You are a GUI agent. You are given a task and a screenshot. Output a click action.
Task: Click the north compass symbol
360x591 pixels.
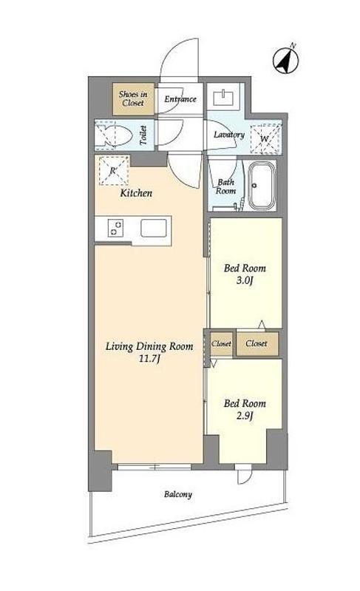point(286,60)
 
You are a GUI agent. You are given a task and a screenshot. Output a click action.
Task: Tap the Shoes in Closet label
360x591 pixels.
point(133,98)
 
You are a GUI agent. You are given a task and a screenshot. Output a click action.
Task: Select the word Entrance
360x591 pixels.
point(180,99)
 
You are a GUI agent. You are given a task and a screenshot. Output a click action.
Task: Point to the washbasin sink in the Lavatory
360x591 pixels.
point(224,98)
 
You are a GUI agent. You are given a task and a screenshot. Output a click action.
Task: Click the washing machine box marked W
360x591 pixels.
point(266,139)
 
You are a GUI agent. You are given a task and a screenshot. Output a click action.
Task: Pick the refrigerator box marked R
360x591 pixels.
point(114,170)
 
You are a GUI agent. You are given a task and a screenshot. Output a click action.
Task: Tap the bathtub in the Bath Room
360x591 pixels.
point(262,185)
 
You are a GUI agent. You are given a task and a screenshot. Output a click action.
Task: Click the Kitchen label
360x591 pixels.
point(136,193)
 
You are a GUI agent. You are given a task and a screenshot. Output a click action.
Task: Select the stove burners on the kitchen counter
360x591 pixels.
point(115,229)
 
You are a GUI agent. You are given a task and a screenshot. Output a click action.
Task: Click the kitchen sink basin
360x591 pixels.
point(154,228)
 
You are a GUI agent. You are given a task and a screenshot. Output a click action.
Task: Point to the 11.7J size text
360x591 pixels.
point(149,359)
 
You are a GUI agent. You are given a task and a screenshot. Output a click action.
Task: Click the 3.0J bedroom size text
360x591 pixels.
point(245,281)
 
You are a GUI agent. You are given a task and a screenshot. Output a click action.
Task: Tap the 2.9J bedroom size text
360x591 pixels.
point(245,416)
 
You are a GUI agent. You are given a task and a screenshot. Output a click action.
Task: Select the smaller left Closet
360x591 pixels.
point(221,344)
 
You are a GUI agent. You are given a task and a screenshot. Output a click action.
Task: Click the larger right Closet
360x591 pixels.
point(257,344)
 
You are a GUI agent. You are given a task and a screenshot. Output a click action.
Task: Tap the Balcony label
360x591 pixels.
point(177,494)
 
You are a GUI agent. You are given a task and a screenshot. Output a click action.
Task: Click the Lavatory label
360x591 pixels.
point(229,135)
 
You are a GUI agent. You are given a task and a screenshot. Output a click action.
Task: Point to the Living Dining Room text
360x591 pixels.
point(149,346)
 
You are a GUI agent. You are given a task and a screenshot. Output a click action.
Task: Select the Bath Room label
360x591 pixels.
point(225,186)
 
